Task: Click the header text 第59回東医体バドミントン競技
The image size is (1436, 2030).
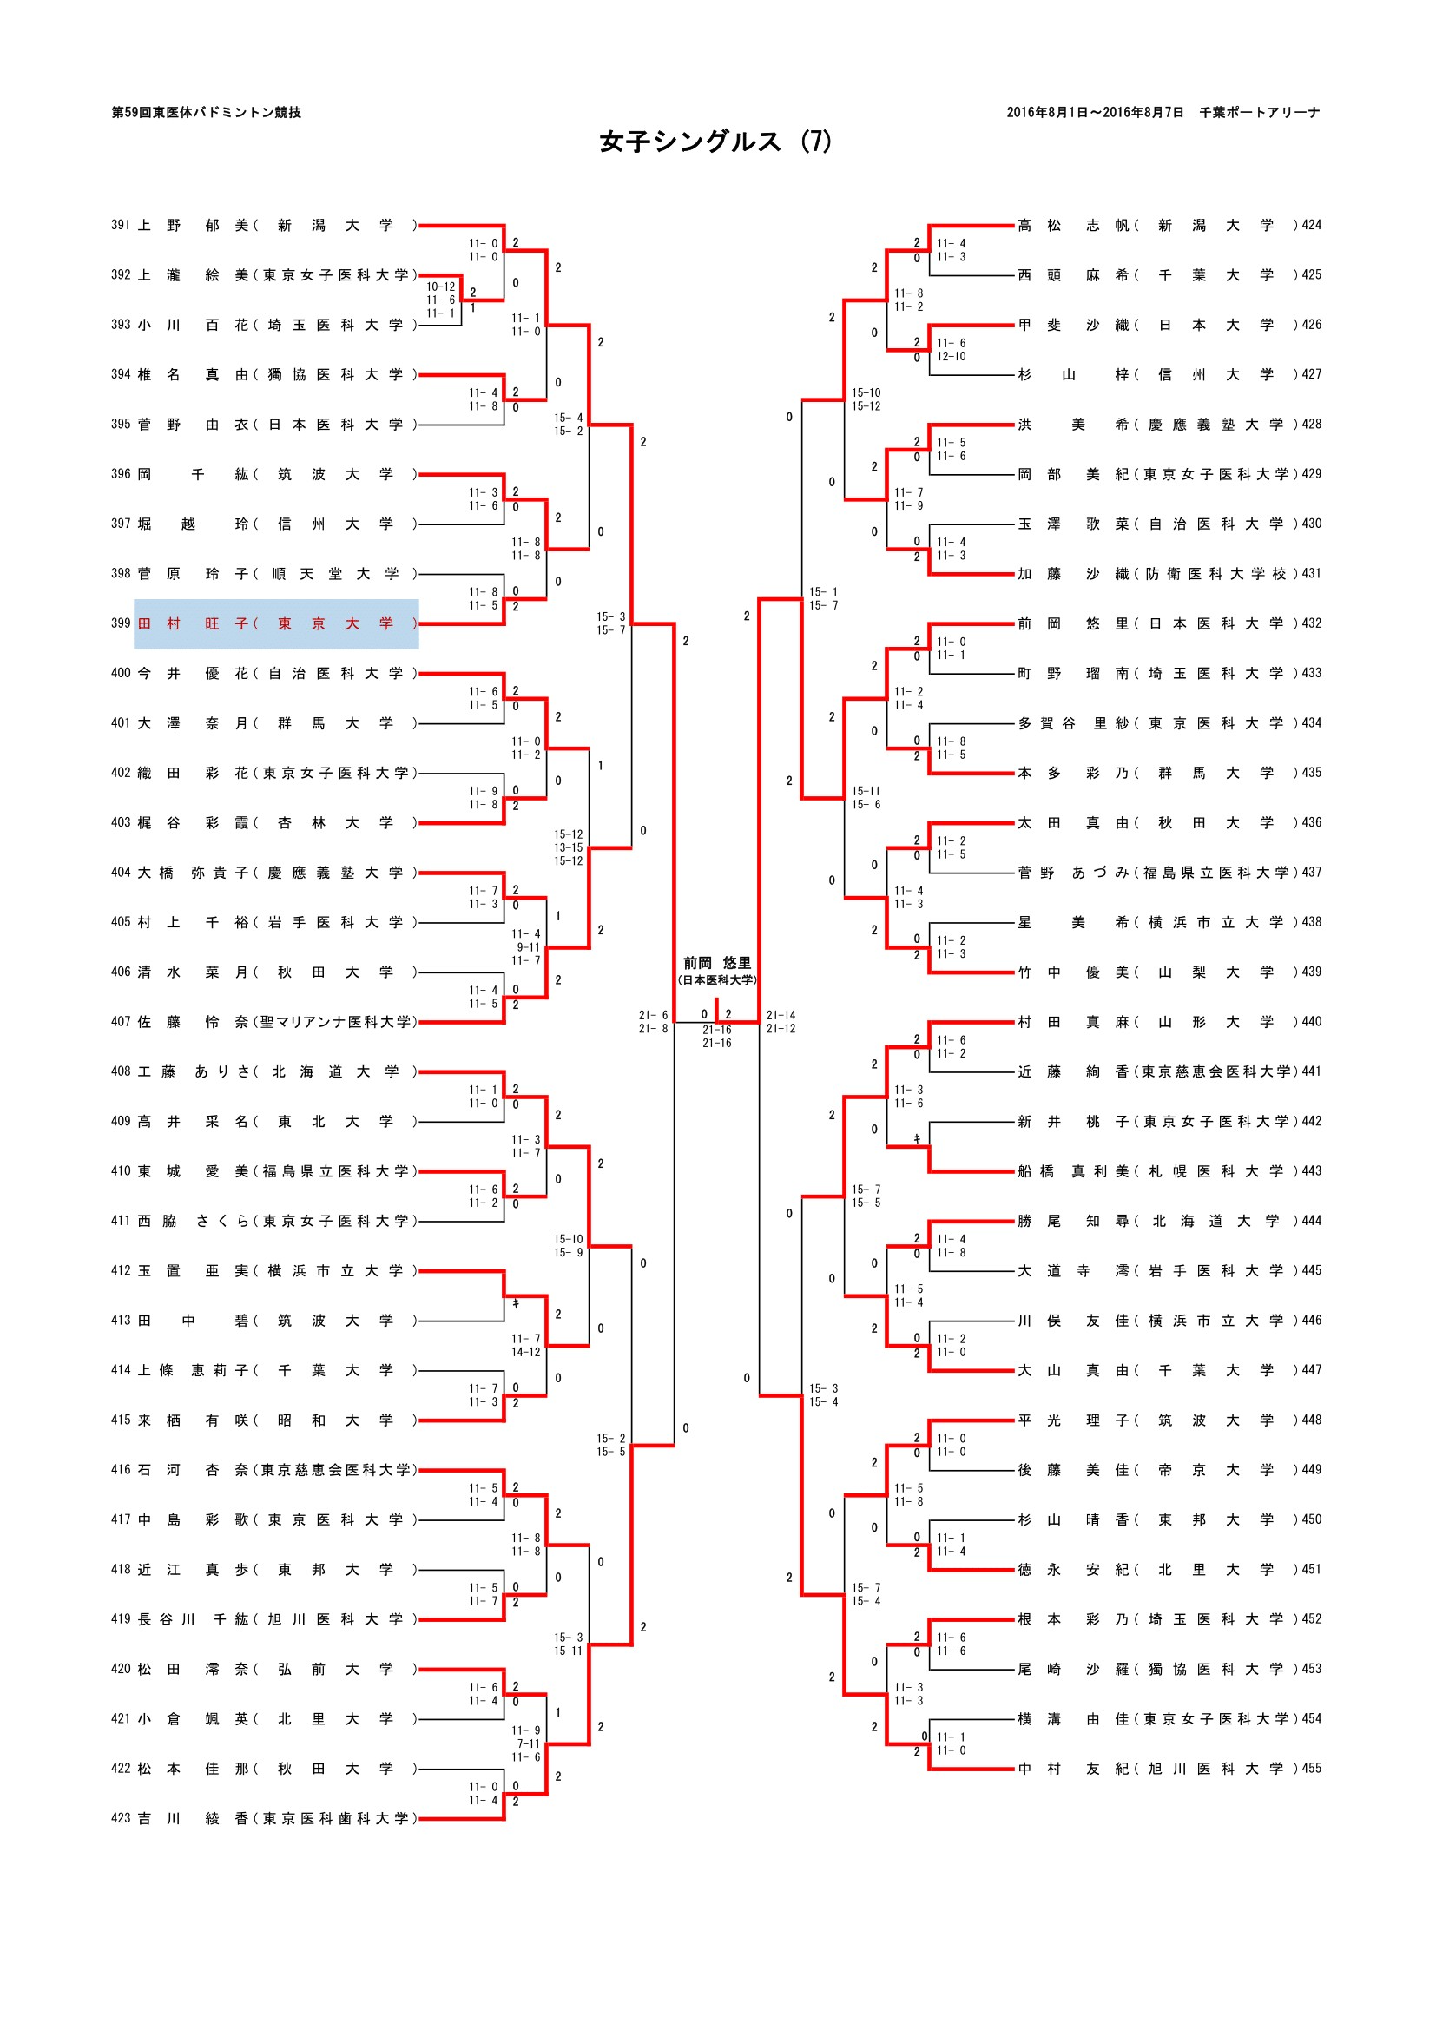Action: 206,112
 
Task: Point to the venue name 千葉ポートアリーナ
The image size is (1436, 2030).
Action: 1259,112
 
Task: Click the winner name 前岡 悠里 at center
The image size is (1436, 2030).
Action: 716,963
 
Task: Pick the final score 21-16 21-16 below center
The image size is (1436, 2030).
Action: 716,1036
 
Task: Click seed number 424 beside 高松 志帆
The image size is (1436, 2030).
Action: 1311,226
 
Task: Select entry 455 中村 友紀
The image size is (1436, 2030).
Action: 1167,1769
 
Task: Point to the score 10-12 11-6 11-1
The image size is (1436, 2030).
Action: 440,300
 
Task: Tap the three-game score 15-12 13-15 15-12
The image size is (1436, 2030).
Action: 568,847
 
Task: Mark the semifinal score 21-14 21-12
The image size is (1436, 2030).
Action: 781,1022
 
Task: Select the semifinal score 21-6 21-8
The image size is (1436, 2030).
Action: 654,1022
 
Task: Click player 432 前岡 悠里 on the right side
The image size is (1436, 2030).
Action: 1167,624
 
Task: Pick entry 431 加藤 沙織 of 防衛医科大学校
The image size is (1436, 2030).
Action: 1167,574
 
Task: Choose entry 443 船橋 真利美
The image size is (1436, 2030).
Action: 1167,1171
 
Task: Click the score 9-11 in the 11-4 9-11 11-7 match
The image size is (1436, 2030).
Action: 528,947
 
